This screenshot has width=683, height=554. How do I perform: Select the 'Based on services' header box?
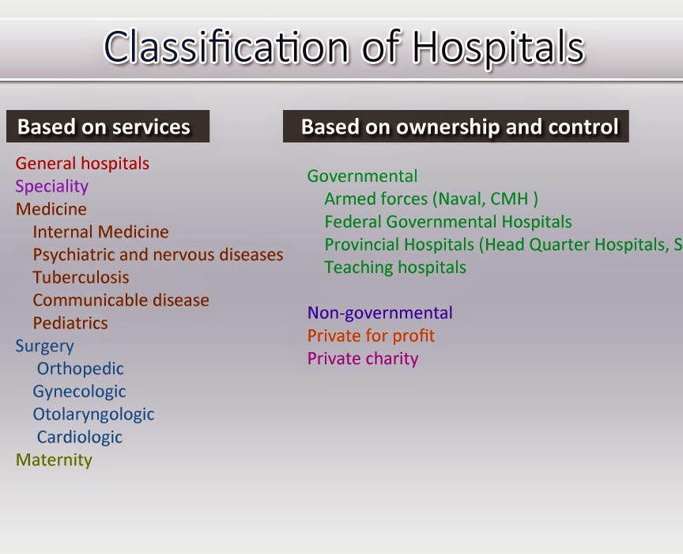108,127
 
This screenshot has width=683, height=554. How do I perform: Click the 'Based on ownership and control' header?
456,127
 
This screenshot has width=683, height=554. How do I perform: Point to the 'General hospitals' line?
82,164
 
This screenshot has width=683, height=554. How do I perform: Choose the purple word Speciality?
52,187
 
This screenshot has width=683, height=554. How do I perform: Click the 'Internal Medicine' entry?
100,232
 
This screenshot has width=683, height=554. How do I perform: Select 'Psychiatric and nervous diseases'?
157,255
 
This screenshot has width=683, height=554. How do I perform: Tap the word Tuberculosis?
81,278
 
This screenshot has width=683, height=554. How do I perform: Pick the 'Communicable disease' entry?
121,301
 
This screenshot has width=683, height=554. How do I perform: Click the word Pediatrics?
70,324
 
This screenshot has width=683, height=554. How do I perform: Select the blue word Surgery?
45,346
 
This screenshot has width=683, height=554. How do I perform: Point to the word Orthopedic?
80,369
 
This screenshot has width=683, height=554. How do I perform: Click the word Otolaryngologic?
93,415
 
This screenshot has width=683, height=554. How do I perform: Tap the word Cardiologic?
79,438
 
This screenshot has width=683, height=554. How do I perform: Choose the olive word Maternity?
54,461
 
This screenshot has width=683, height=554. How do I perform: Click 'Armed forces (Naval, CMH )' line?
431,199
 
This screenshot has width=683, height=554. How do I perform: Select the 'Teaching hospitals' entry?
395,268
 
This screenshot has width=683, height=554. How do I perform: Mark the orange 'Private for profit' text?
371,336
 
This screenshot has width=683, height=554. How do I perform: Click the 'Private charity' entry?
363,359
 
